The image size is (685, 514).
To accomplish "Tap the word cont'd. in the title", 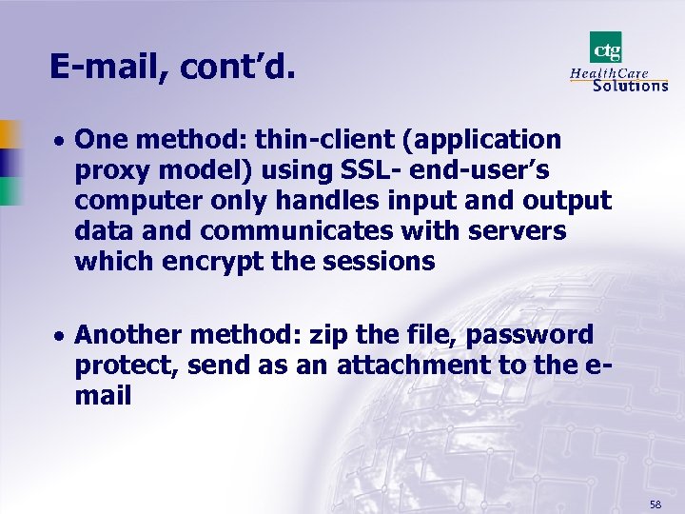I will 234,67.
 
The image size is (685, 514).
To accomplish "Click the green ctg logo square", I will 605,48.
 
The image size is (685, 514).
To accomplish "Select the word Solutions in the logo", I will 630,85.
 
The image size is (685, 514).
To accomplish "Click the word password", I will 538,335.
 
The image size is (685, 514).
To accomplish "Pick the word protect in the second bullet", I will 123,366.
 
